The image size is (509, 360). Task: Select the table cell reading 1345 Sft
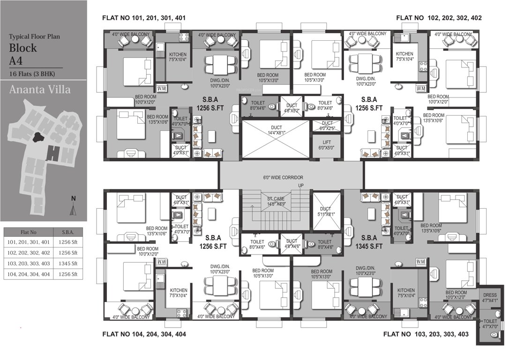coord(67,264)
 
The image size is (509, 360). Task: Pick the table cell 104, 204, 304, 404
coord(29,274)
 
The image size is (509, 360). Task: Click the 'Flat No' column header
coord(29,232)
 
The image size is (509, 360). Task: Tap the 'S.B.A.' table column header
coord(67,232)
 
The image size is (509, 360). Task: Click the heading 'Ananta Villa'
coord(40,89)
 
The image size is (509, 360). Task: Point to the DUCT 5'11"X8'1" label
coord(325,211)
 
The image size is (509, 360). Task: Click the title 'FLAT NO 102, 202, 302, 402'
coord(439,18)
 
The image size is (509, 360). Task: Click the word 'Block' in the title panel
coord(23,48)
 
